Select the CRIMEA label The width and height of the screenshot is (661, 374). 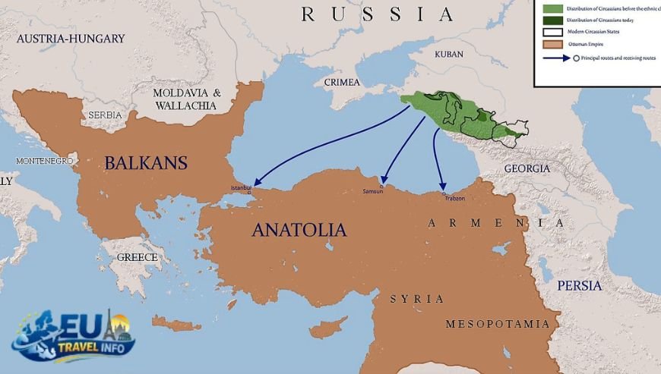pyautogui.click(x=342, y=82)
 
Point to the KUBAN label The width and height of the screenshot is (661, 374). pyautogui.click(x=448, y=55)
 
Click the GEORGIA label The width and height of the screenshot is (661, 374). pyautogui.click(x=526, y=168)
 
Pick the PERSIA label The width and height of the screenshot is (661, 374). pyautogui.click(x=579, y=285)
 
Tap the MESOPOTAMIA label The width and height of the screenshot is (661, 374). pyautogui.click(x=497, y=324)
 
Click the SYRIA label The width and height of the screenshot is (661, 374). pyautogui.click(x=416, y=299)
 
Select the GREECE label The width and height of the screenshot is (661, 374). pyautogui.click(x=137, y=257)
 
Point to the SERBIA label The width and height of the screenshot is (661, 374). pyautogui.click(x=105, y=115)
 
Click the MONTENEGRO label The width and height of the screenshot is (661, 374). pyautogui.click(x=44, y=161)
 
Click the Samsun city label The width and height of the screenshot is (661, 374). pyautogui.click(x=373, y=191)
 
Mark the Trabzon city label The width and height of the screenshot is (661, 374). pyautogui.click(x=454, y=199)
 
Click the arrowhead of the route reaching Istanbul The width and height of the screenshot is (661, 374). pyautogui.click(x=257, y=183)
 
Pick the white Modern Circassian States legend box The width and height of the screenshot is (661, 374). pyautogui.click(x=552, y=32)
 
